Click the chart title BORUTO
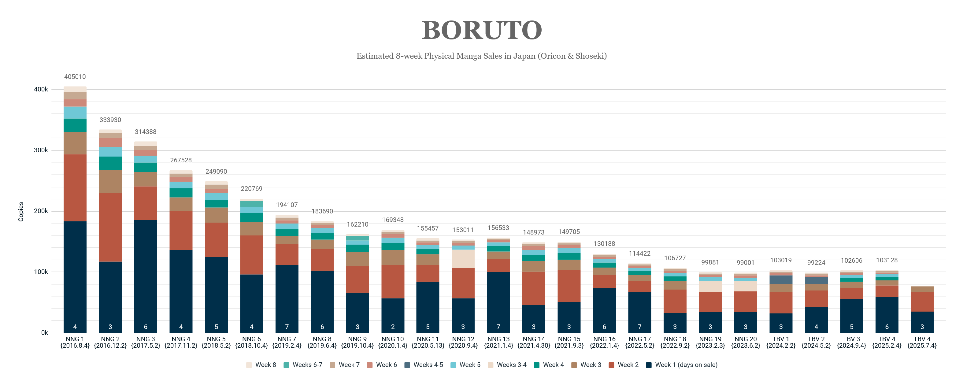pos(481,30)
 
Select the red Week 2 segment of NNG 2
pos(110,227)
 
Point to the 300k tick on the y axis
pos(41,150)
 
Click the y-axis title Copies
pos(21,212)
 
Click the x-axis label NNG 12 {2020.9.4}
pos(463,342)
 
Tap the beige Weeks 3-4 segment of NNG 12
pos(463,259)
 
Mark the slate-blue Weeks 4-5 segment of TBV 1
pos(781,280)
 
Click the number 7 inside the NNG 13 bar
pos(498,327)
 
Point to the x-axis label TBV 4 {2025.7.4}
pos(922,342)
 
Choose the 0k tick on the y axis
pos(44,333)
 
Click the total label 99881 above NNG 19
pos(710,262)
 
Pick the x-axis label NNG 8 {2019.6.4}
pos(322,342)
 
